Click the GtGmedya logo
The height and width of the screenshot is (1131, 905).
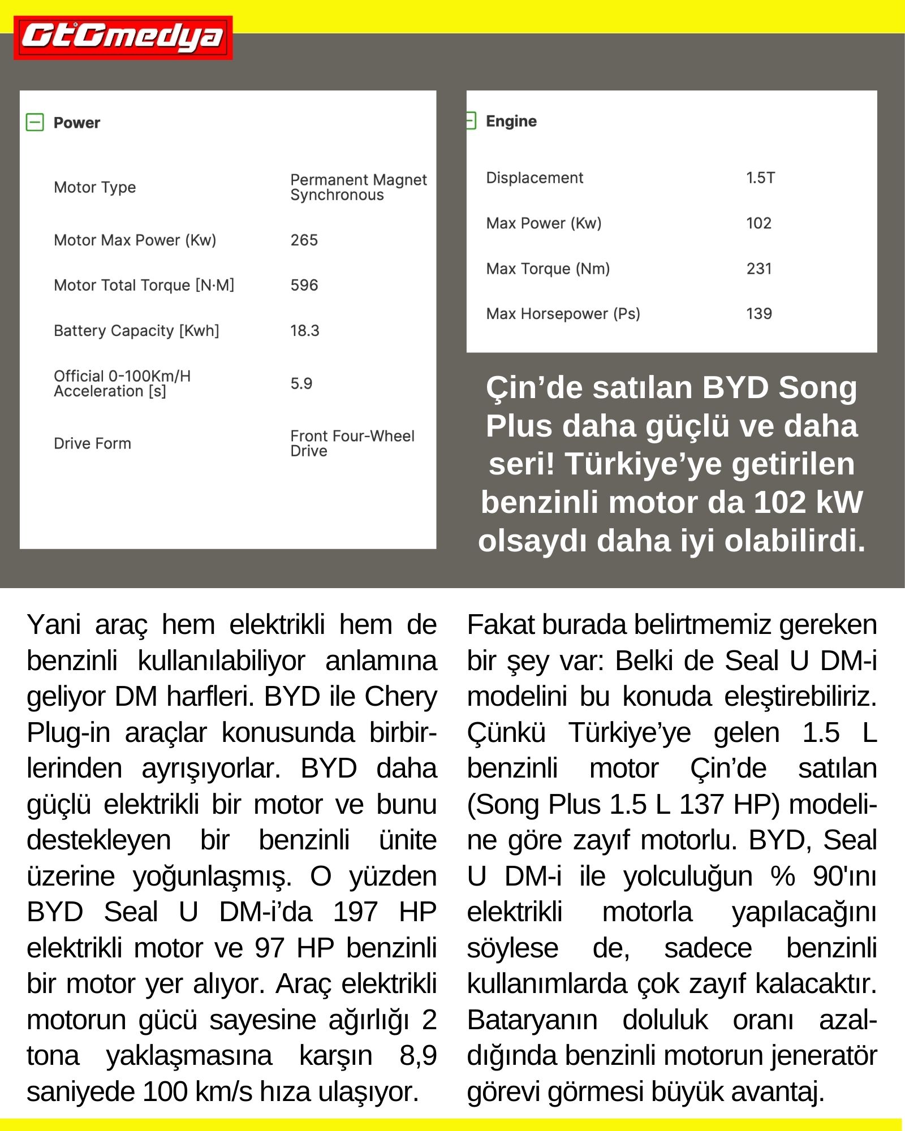point(123,37)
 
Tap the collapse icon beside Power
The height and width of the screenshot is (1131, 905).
point(35,122)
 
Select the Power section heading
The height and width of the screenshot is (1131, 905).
point(76,123)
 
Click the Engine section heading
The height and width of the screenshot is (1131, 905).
point(511,121)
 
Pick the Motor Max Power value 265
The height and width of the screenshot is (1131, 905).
point(304,240)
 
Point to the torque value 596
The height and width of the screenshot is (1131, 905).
point(304,285)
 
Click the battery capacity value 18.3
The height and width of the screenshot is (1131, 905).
point(304,330)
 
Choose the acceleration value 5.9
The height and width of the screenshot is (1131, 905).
point(301,383)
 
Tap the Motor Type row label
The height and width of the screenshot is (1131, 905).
point(94,187)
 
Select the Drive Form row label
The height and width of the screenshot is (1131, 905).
point(92,443)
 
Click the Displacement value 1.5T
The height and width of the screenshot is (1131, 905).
point(760,178)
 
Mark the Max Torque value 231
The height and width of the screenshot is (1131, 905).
point(759,268)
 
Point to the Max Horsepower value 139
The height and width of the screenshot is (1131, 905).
point(759,313)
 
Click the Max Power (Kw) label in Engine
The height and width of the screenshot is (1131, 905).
point(544,223)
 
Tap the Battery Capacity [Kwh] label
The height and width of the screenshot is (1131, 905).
point(136,330)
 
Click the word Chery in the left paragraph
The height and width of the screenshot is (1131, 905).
point(401,696)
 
